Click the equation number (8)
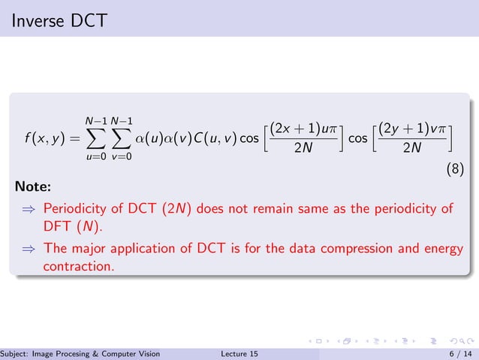point(455,170)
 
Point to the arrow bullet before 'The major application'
point(28,248)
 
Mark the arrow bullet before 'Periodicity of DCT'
point(28,208)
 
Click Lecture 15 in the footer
point(240,354)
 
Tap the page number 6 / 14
point(459,354)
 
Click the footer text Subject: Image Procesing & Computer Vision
point(80,354)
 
